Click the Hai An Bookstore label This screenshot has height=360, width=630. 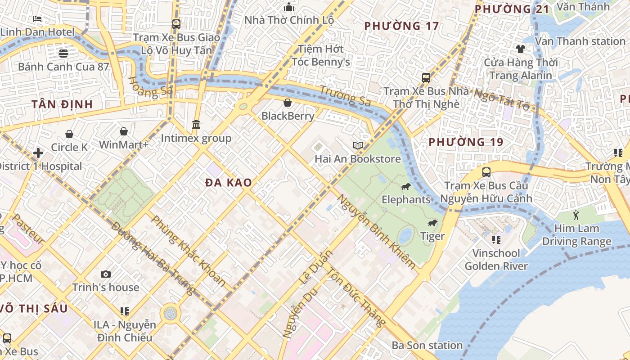point(357,159)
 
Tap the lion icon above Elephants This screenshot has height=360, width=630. point(405,187)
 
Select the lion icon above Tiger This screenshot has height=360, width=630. point(432,223)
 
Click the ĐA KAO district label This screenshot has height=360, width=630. point(229,183)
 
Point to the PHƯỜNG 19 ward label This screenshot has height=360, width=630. point(466,142)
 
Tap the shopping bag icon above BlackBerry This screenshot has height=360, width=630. point(288,103)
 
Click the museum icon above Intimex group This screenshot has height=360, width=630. point(196,124)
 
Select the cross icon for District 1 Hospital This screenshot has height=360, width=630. point(38,153)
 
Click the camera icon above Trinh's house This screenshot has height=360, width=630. point(106,274)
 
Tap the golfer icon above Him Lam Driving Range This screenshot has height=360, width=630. point(576,215)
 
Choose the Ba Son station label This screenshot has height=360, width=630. point(427,346)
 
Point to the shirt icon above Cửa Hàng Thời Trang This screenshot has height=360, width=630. point(521,49)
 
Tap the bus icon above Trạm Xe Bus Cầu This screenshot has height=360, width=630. point(486,172)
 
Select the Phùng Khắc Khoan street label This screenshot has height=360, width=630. point(189,251)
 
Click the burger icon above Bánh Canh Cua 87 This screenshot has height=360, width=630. point(63,54)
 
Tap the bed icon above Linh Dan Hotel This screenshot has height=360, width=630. point(37,19)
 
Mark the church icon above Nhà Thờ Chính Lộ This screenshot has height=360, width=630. point(289,7)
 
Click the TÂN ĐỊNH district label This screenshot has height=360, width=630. point(62,104)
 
